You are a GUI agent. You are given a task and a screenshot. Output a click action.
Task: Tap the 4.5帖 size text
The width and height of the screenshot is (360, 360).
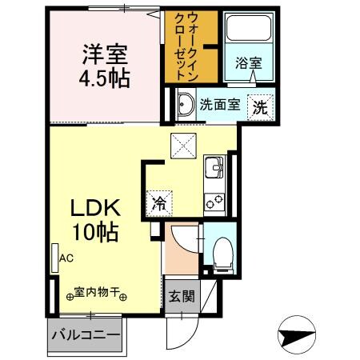[103, 80]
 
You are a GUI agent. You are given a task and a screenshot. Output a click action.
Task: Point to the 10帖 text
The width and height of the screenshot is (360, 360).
[98, 233]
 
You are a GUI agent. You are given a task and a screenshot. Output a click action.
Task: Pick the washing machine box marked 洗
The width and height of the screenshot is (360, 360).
[259, 105]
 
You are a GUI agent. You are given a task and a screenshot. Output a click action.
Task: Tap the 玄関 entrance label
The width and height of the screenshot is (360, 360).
[181, 297]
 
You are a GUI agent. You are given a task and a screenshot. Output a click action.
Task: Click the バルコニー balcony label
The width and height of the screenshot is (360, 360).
[86, 334]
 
